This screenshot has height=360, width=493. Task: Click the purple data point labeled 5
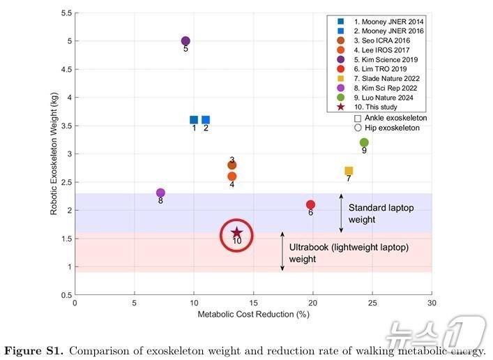[x=185, y=41]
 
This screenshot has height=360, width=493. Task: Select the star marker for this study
[x=236, y=233]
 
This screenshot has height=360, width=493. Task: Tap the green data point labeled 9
[x=364, y=142]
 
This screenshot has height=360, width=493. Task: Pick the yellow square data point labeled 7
[x=349, y=171]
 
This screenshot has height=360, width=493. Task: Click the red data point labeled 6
[x=310, y=204]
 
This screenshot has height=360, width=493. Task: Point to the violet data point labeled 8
[x=161, y=193]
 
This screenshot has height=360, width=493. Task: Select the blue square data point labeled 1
[x=194, y=120]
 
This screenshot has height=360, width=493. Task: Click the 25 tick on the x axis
[x=372, y=303]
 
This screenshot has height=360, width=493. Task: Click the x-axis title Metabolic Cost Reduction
[x=253, y=315]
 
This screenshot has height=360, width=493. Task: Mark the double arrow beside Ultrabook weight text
[x=282, y=252]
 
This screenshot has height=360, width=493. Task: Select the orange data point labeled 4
[x=232, y=177]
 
